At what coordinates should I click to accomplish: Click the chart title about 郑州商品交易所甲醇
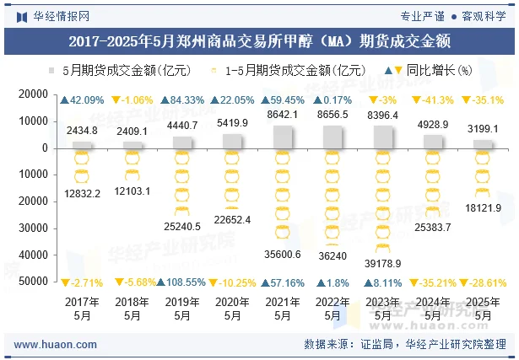(259, 40)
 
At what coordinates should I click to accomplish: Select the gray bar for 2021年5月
(283, 137)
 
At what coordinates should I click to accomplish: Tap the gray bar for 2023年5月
(382, 137)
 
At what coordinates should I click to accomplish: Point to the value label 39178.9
(383, 264)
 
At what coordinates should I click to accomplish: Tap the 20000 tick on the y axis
(35, 95)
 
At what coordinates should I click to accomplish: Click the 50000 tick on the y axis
(35, 281)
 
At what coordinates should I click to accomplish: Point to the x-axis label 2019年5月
(182, 309)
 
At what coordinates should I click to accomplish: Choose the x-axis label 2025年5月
(483, 309)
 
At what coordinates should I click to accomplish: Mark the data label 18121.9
(483, 207)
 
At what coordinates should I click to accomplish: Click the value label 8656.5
(332, 114)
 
